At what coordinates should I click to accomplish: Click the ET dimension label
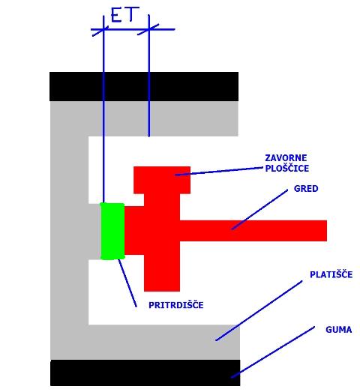point(124,14)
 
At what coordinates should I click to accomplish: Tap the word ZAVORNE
point(286,158)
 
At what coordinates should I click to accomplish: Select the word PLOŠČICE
point(286,168)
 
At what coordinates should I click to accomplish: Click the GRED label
point(306,188)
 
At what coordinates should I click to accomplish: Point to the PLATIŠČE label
point(331,274)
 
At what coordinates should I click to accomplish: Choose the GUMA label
point(338,330)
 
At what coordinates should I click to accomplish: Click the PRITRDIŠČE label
point(175,305)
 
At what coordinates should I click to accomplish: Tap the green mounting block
point(112,232)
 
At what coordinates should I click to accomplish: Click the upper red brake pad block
point(162,180)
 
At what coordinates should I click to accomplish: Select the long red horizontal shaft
point(253,231)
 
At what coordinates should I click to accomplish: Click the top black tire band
point(144,86)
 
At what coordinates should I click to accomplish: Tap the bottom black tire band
point(145,373)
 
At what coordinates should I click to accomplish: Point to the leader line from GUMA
point(273,352)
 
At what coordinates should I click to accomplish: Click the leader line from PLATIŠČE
point(259,311)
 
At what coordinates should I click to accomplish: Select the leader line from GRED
point(259,210)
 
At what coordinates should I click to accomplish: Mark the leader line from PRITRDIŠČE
point(127,283)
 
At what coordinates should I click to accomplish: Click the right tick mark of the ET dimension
point(148,29)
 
